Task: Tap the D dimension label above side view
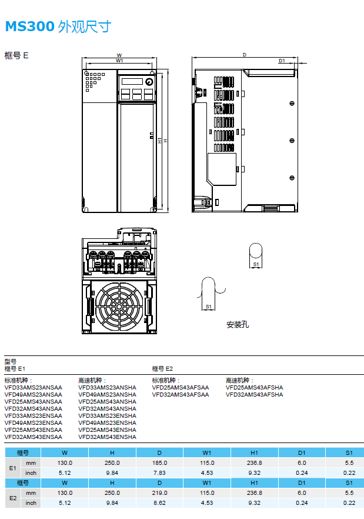pos(244,55)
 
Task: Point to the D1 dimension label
pos(282,61)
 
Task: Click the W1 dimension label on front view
pos(119,61)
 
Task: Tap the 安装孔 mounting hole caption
pos(238,324)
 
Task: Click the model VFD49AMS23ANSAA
pos(33,394)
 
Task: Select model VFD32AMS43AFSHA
pos(254,394)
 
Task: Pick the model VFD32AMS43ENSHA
pos(107,437)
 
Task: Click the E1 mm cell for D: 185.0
pos(159,463)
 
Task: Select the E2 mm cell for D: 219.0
pos(159,493)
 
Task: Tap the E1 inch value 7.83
pos(159,473)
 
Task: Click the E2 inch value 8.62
pos(159,503)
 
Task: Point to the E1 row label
pos(12,468)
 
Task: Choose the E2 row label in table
pos(12,497)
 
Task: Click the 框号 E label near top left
pos(16,55)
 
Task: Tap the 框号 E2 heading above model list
pos(162,368)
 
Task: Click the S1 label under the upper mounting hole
pos(256,265)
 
